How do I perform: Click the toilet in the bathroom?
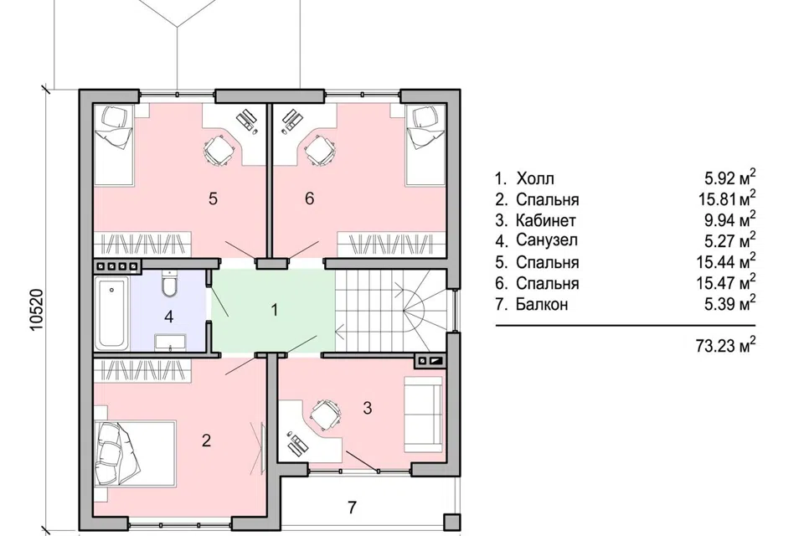click(168, 283)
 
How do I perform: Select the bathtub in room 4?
click(111, 312)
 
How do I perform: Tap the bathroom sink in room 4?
click(170, 341)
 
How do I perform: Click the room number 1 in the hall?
click(275, 310)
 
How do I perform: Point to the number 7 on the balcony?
click(352, 508)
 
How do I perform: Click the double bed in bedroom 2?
click(136, 453)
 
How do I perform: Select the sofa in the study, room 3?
click(423, 415)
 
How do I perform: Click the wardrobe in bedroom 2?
click(143, 370)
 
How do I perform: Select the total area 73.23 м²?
click(725, 345)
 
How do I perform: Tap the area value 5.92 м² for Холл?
click(730, 178)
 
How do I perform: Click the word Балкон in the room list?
click(542, 304)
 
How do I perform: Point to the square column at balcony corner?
click(452, 522)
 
